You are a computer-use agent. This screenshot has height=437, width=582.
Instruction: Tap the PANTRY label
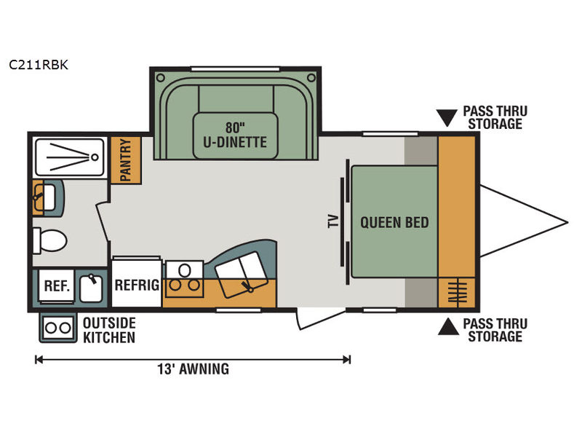[125, 160]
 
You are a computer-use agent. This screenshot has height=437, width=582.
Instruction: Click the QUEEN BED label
[394, 222]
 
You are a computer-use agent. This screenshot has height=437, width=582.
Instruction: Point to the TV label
[333, 221]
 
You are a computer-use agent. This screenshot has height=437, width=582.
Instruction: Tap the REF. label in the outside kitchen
[57, 286]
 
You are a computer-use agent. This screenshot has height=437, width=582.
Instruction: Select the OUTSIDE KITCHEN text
[108, 329]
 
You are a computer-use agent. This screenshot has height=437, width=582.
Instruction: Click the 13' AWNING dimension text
[193, 369]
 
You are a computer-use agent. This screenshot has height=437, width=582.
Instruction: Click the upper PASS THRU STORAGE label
[495, 117]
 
